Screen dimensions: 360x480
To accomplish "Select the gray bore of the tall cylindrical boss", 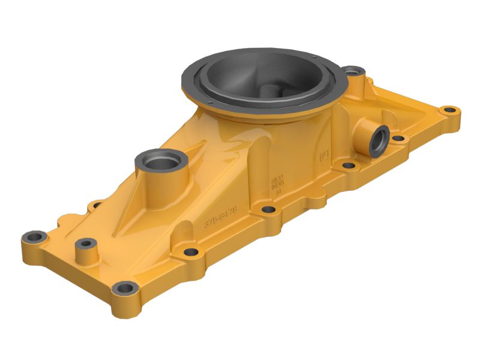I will [161, 161].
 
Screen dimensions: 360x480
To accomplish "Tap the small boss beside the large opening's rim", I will [355, 73].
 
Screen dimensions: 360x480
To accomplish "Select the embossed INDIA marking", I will [277, 185].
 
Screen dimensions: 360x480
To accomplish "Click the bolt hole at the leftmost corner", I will [35, 238].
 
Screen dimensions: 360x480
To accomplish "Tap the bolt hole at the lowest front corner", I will [125, 289].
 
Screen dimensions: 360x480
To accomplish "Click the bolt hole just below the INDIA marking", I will [269, 209].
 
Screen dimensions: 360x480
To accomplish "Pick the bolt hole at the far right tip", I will [449, 111].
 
